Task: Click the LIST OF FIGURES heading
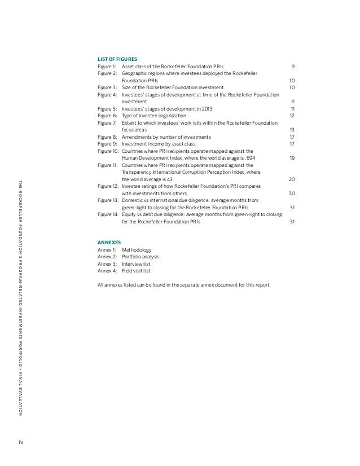(x=117, y=58)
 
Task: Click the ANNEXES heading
(x=109, y=241)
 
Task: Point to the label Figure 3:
(x=107, y=87)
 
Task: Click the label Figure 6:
(x=107, y=115)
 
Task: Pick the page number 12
(x=292, y=115)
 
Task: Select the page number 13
(x=292, y=129)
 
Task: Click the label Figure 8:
(x=107, y=137)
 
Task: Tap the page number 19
(x=292, y=158)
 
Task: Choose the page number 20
(x=292, y=179)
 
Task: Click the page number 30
(x=292, y=193)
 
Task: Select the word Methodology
(x=137, y=249)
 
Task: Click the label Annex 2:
(x=107, y=256)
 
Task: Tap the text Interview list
(x=136, y=263)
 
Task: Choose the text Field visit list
(x=137, y=270)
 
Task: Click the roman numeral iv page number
(x=21, y=441)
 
